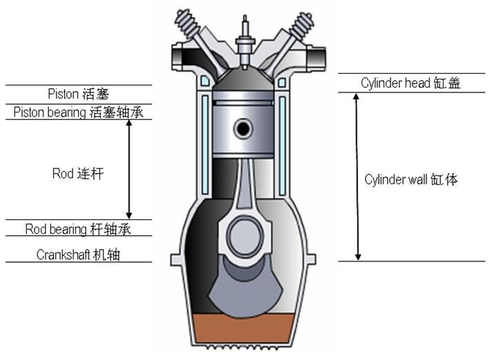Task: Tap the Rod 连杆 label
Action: click(78, 173)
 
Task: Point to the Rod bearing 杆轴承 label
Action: click(78, 228)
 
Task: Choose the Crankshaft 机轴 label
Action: click(78, 254)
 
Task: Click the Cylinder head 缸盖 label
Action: click(411, 83)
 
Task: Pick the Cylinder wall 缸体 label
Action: click(412, 179)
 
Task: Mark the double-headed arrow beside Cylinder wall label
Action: click(357, 177)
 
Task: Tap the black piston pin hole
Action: click(243, 128)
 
